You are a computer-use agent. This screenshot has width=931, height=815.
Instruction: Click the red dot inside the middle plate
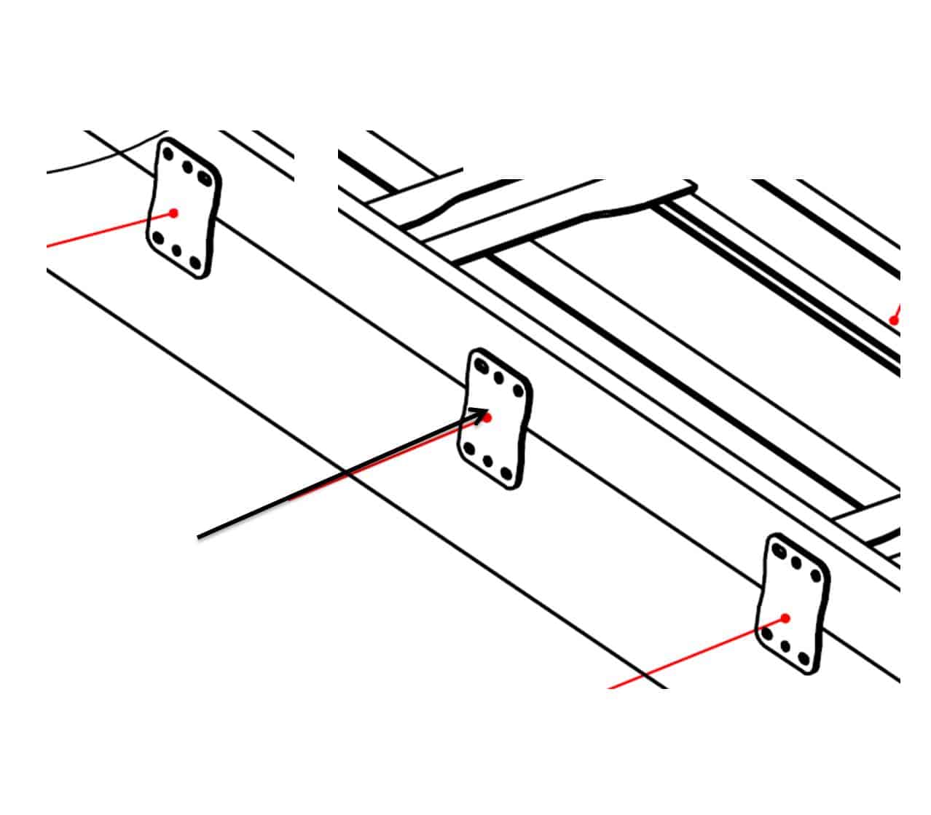(x=487, y=417)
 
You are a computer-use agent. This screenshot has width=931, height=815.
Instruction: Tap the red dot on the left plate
(x=173, y=213)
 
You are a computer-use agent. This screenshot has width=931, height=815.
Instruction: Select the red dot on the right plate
(x=785, y=618)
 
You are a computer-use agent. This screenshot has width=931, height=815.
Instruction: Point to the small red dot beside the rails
(x=894, y=320)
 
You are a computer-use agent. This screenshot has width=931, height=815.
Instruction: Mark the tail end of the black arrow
(x=199, y=538)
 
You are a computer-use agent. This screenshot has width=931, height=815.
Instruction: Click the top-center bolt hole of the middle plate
(x=499, y=378)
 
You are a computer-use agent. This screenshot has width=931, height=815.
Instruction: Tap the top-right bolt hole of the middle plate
(x=517, y=391)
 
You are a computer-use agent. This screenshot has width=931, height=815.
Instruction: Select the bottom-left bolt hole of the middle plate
(x=470, y=449)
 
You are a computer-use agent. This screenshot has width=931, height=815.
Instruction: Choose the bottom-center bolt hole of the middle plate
(x=489, y=462)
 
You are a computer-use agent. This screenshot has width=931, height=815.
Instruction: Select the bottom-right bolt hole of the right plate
(x=804, y=659)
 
